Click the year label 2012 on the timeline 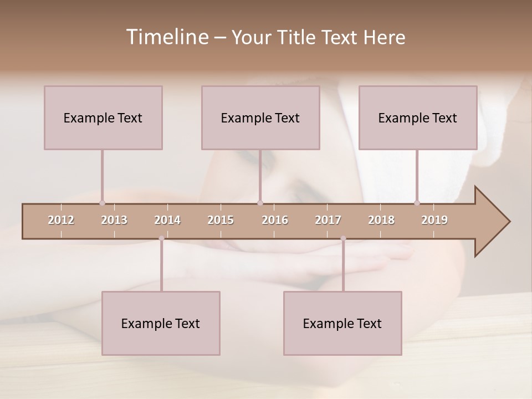(61, 220)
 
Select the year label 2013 (114, 220)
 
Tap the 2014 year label (167, 220)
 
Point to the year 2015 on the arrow (221, 220)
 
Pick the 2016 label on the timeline (275, 220)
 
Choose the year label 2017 (328, 220)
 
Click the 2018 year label (381, 220)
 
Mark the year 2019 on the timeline (434, 220)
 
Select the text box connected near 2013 (103, 117)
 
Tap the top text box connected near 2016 (260, 117)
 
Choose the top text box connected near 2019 (418, 117)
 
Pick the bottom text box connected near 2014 (161, 323)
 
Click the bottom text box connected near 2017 (342, 323)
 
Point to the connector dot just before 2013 (102, 203)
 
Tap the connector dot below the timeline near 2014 (161, 238)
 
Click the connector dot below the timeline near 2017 (343, 238)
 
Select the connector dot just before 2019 (417, 203)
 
